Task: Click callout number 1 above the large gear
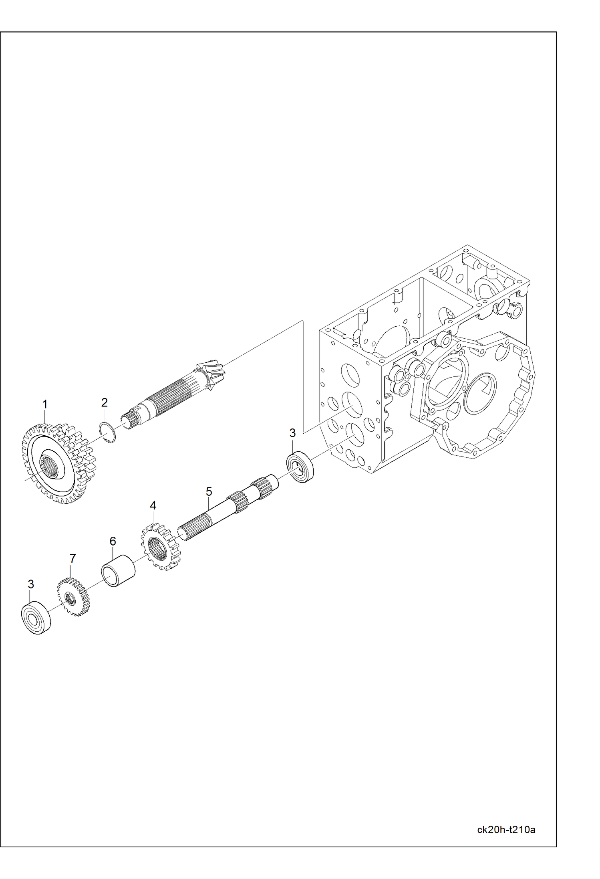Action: tap(45, 404)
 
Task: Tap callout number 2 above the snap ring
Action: tap(104, 402)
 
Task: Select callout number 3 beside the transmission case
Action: tap(292, 433)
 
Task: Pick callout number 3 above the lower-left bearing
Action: tap(31, 584)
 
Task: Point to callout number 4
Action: tap(153, 505)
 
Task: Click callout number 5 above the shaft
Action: tap(209, 491)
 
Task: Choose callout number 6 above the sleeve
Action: tap(113, 542)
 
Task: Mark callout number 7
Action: tap(72, 558)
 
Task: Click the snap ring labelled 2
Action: tap(107, 433)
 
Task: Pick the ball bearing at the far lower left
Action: tap(36, 618)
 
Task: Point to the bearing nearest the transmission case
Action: tap(300, 466)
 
